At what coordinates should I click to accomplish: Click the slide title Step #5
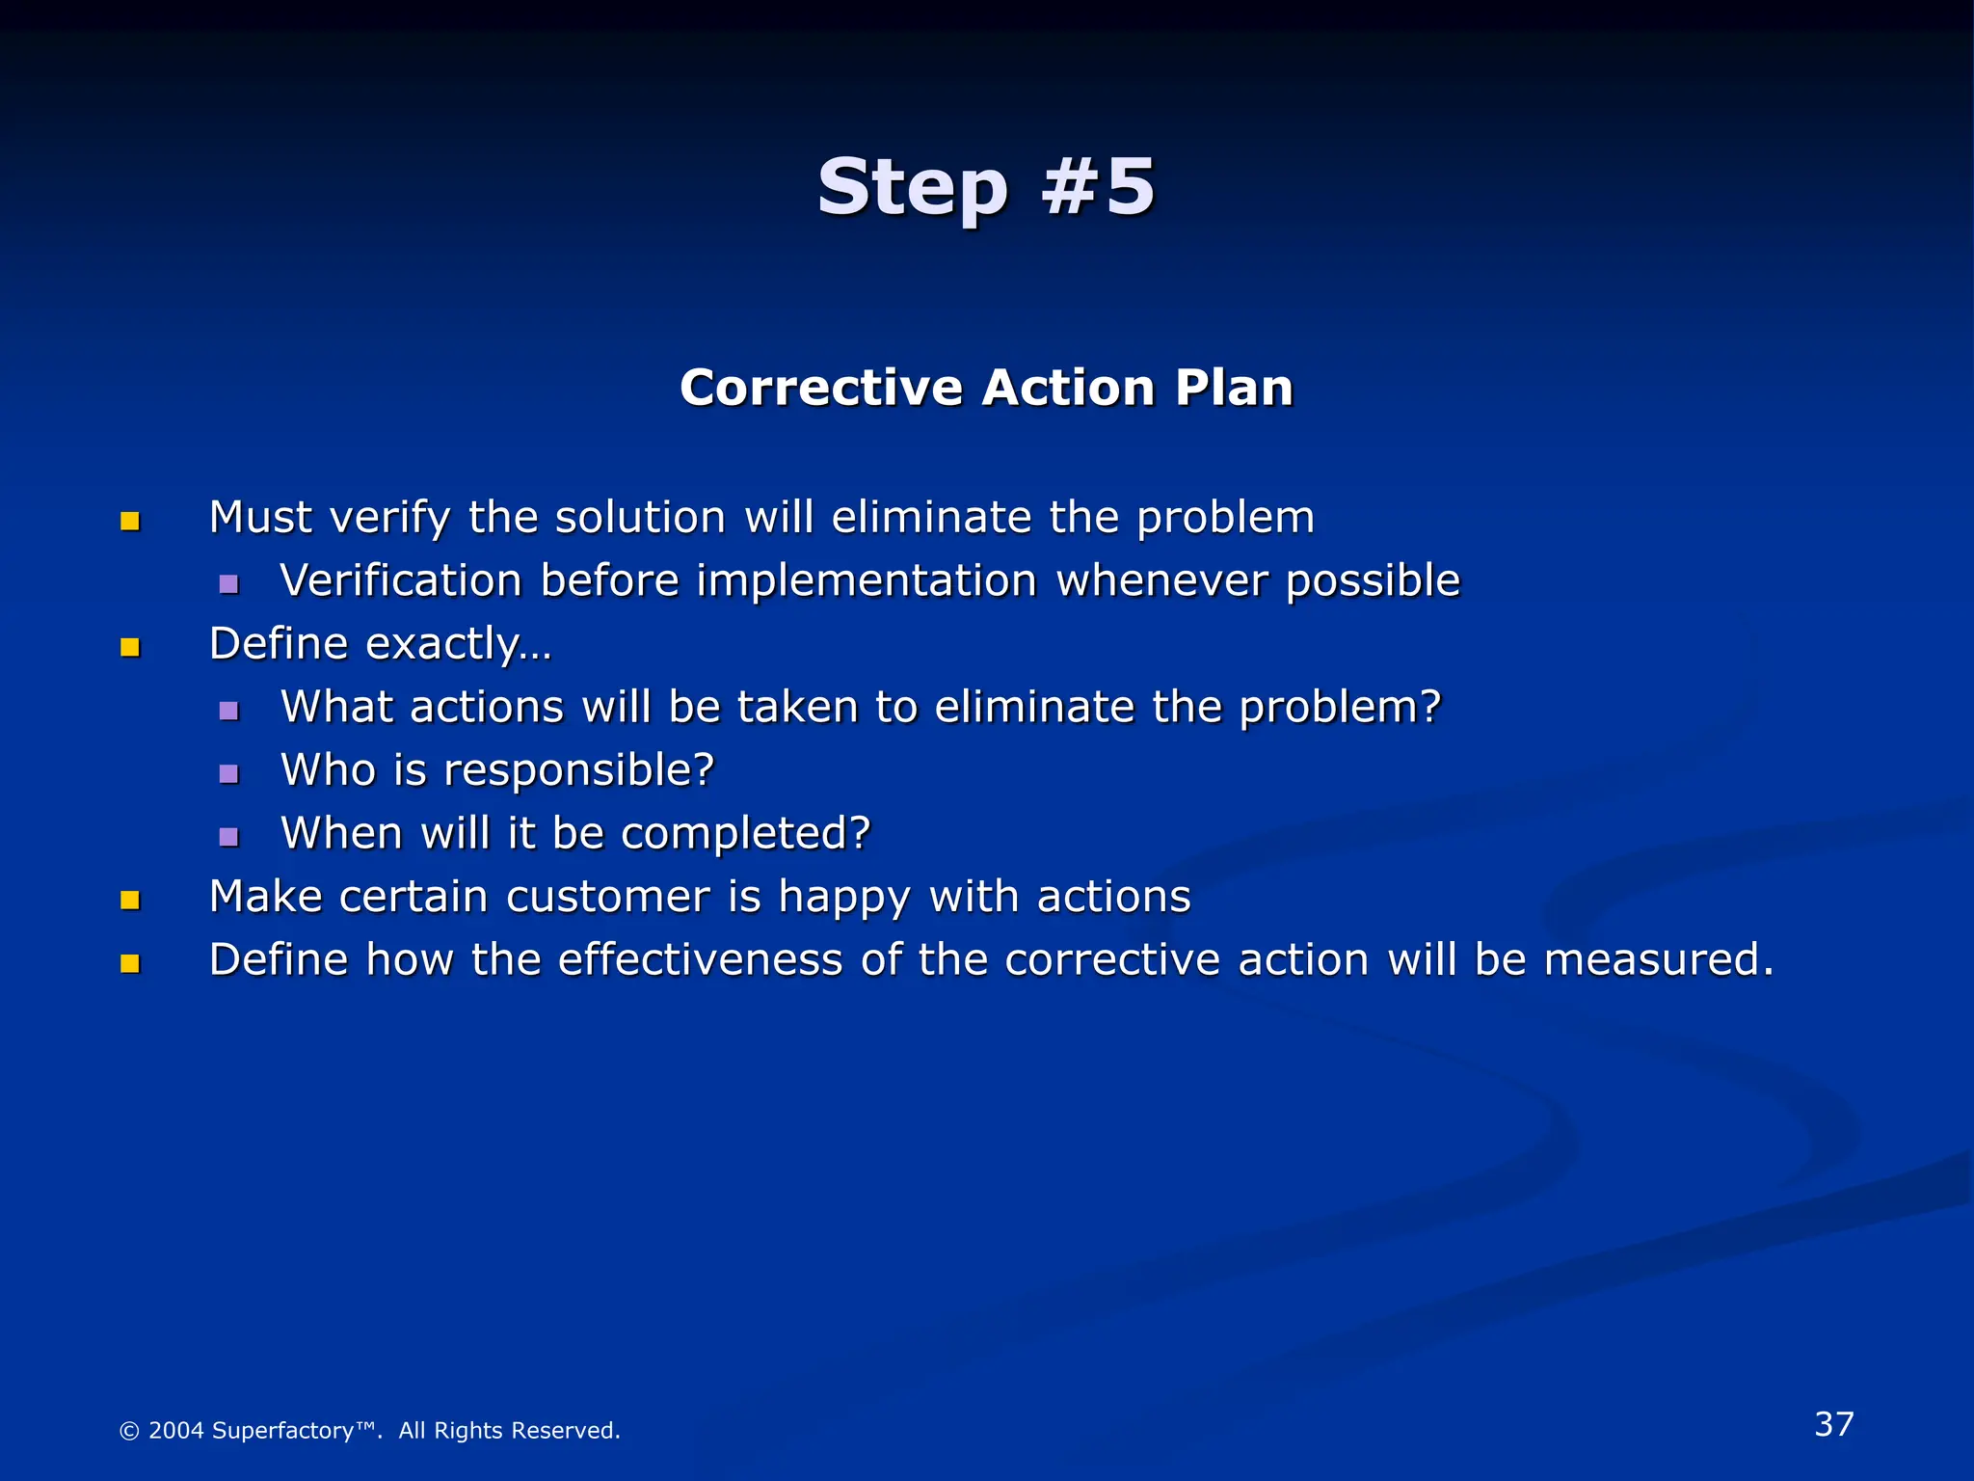click(x=985, y=186)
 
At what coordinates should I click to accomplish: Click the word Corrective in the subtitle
click(x=821, y=388)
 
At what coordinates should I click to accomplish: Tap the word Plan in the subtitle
click(x=1234, y=388)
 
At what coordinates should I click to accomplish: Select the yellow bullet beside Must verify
click(x=130, y=522)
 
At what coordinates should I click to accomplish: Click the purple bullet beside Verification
click(x=228, y=584)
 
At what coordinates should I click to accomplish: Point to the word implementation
click(x=867, y=581)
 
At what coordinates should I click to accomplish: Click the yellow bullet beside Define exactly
click(x=130, y=647)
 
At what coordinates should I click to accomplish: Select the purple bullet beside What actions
click(x=228, y=711)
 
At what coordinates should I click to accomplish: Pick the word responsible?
click(x=578, y=770)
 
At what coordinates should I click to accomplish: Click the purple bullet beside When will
click(x=228, y=837)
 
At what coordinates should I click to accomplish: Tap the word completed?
click(x=745, y=834)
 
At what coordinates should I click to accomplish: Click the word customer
click(x=608, y=897)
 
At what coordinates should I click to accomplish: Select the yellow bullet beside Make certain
click(x=130, y=901)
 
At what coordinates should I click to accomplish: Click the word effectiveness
click(x=701, y=959)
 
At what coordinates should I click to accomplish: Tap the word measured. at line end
click(x=1658, y=959)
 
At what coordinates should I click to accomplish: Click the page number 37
click(x=1833, y=1424)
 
